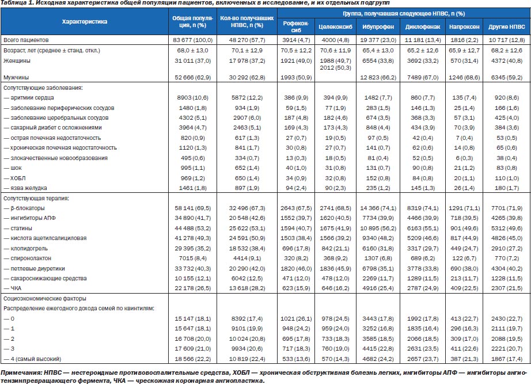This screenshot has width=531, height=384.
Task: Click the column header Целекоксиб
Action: point(335,26)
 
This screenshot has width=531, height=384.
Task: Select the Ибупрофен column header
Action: point(378,26)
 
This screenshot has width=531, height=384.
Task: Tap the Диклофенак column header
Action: point(423,26)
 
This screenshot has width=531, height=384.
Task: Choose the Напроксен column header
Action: point(464,26)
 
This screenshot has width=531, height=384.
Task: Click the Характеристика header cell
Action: point(84,22)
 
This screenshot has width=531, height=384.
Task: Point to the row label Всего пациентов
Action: point(26,40)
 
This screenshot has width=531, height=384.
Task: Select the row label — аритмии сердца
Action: point(28,98)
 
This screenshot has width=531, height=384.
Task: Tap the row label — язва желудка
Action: point(25,188)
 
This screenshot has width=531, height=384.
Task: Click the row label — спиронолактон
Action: point(27,258)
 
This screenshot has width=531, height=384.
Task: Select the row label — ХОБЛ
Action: point(14,178)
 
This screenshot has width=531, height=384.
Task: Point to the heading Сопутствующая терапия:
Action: point(36,199)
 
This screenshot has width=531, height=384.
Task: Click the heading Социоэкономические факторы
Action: point(45,299)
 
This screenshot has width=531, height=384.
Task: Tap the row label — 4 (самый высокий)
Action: point(32,359)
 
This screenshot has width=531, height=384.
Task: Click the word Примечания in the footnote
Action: point(21,373)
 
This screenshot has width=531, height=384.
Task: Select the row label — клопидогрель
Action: point(25,249)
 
